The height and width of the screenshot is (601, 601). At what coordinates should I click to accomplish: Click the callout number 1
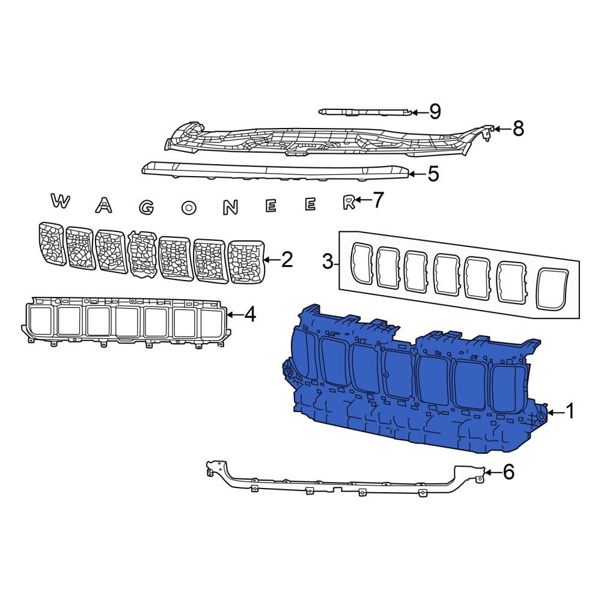(x=569, y=412)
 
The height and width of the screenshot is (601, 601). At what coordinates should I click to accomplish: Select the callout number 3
(x=328, y=261)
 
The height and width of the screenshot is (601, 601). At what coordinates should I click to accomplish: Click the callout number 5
(x=433, y=174)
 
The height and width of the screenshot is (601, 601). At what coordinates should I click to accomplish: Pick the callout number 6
(x=508, y=473)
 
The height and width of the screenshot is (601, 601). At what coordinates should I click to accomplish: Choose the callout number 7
(x=377, y=200)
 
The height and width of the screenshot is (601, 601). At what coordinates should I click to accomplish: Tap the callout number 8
(x=517, y=128)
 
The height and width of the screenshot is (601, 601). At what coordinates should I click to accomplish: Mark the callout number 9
(x=435, y=111)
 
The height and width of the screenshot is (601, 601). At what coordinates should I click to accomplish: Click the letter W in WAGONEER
(x=59, y=201)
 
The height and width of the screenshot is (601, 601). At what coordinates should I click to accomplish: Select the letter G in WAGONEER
(x=146, y=207)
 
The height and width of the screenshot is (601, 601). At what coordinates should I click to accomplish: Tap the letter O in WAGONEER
(x=189, y=208)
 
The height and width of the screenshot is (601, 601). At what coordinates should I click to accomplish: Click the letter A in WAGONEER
(x=103, y=206)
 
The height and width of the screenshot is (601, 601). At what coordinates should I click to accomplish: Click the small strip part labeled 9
(x=367, y=111)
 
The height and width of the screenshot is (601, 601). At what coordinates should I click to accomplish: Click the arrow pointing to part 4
(x=234, y=314)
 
